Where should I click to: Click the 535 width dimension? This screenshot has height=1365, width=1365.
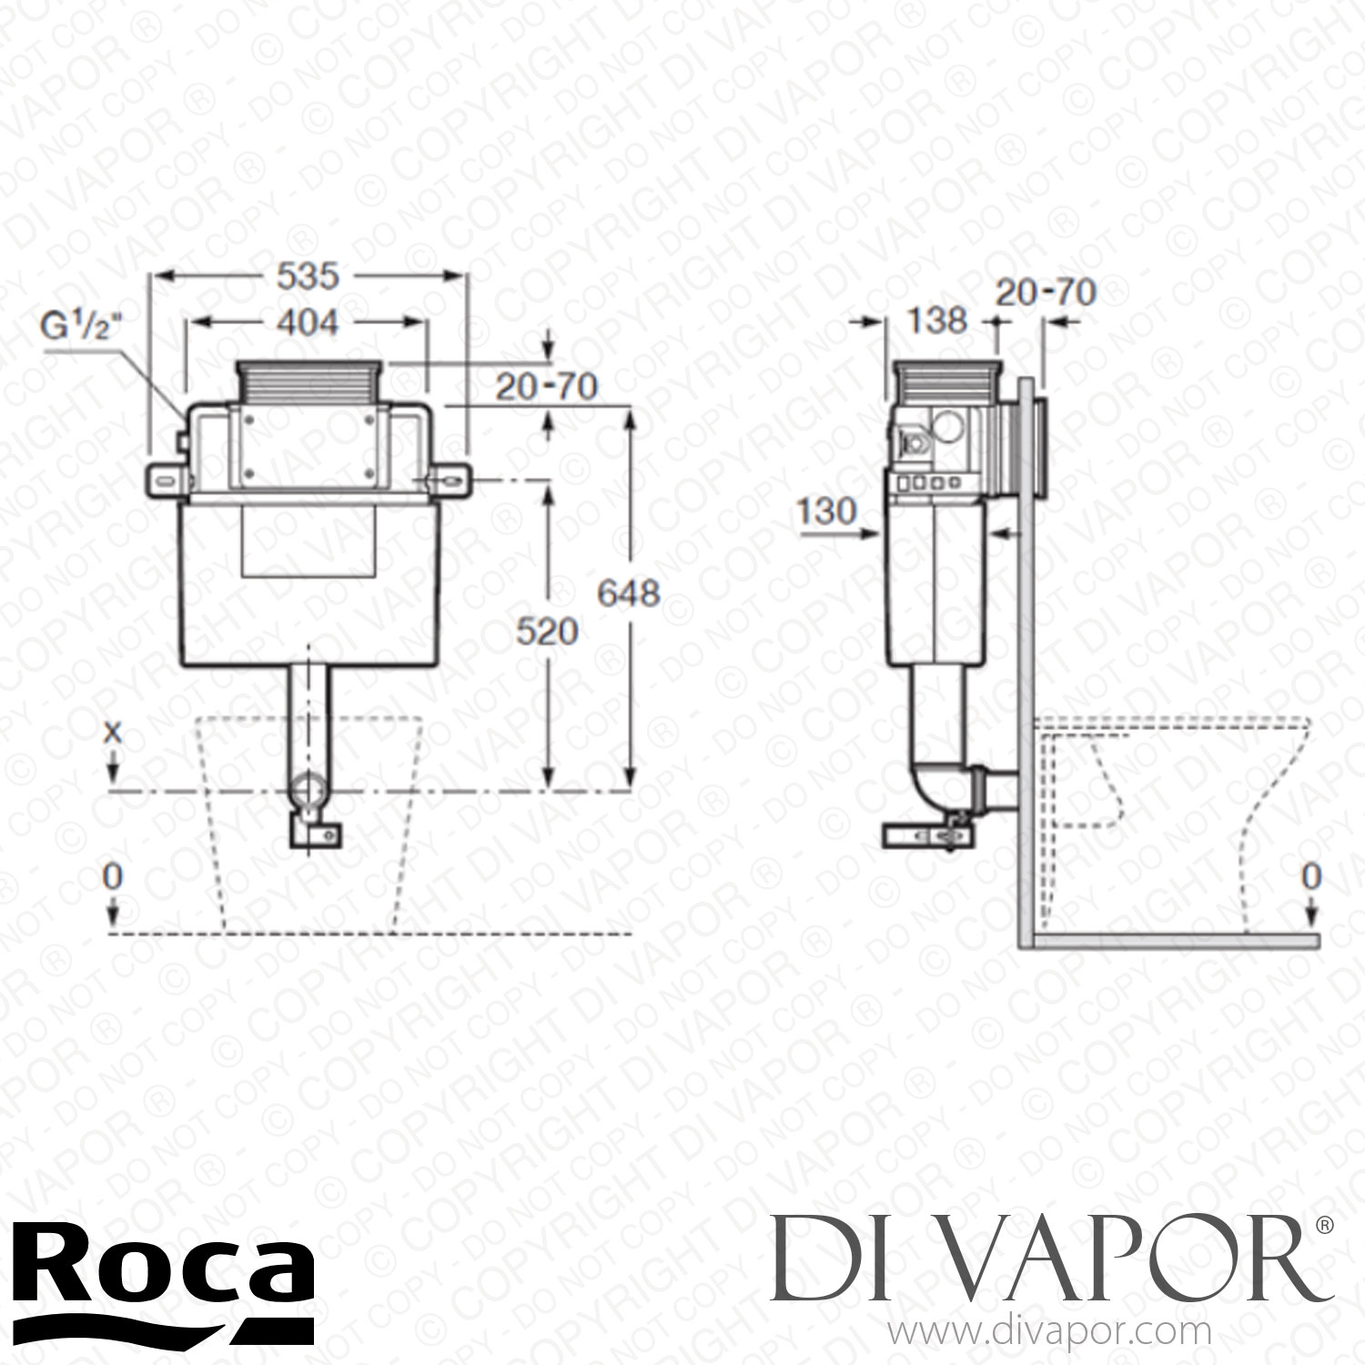[x=308, y=276]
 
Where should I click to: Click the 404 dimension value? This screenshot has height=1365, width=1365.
[x=307, y=321]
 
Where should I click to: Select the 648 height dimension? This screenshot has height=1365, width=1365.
[x=628, y=593]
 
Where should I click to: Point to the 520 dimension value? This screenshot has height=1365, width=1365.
[x=549, y=631]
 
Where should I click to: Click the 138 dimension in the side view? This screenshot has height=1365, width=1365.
[x=937, y=320]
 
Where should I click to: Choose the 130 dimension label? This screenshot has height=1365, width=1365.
[x=827, y=511]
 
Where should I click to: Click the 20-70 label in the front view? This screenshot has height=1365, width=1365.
[x=546, y=387]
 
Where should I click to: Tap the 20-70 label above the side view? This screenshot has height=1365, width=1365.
[x=1046, y=292]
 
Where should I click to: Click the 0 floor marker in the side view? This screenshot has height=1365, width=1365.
[x=1310, y=875]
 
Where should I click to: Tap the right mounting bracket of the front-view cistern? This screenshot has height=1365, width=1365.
[x=450, y=478]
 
